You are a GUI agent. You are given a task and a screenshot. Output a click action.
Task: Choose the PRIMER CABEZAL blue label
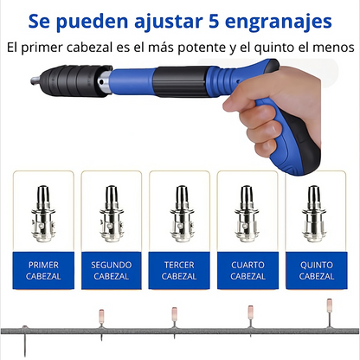tap(44, 270)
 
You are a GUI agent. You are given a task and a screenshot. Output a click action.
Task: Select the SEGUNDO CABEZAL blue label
tap(112, 270)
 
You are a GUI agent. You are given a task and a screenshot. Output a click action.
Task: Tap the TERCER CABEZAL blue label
tap(180, 270)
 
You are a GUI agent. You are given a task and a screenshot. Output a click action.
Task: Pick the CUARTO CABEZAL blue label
tap(248, 270)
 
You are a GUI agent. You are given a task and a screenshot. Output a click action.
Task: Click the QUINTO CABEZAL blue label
tap(317, 270)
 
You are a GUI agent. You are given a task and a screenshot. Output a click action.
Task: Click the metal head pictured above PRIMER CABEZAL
tap(44, 212)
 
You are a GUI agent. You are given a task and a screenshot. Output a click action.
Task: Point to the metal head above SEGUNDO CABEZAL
tap(112, 212)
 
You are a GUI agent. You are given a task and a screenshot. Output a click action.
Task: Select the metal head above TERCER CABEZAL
tap(180, 212)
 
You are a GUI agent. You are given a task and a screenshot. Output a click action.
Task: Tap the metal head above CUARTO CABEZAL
tap(248, 212)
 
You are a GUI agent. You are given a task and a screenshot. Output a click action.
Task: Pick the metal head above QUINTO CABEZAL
tap(317, 212)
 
